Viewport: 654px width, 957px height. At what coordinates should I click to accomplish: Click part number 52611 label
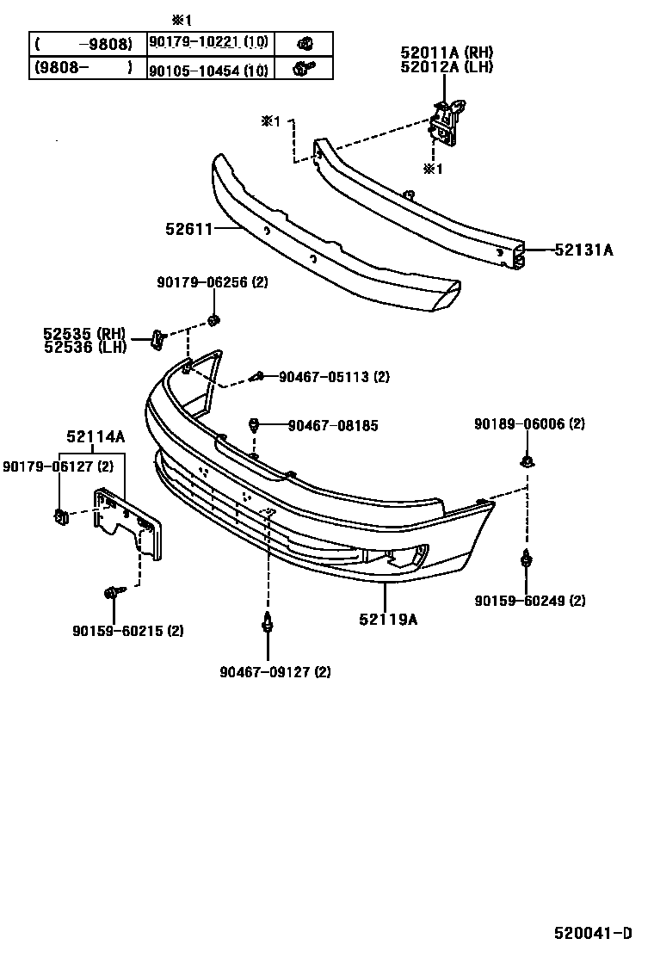(x=188, y=229)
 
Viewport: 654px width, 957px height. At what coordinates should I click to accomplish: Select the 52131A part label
(x=583, y=250)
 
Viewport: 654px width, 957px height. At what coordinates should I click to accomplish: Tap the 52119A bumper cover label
(x=389, y=619)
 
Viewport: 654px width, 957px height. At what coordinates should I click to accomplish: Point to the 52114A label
(x=96, y=437)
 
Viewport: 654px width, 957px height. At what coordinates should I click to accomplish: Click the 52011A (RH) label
(x=446, y=52)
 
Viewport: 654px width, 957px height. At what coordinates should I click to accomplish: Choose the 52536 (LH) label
(x=84, y=347)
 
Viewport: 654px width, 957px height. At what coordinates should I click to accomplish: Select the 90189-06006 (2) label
(x=529, y=424)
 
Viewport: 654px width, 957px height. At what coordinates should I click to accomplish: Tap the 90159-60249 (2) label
(x=529, y=601)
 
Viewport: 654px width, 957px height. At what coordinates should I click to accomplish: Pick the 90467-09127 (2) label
(x=275, y=672)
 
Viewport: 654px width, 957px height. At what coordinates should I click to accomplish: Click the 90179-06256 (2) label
(x=213, y=282)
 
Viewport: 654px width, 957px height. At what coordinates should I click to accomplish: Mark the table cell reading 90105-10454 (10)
(x=207, y=69)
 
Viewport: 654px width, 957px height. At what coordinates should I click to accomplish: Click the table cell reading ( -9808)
(x=83, y=44)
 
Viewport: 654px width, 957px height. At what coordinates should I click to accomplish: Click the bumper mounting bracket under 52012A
(x=447, y=120)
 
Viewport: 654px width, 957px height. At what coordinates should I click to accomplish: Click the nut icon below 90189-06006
(x=527, y=462)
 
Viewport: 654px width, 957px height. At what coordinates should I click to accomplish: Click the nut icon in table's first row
(x=304, y=44)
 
